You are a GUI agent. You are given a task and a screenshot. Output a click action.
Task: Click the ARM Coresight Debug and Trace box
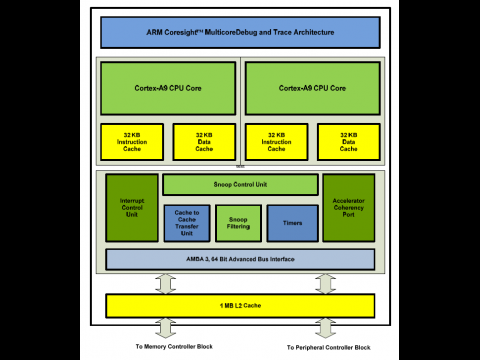240,32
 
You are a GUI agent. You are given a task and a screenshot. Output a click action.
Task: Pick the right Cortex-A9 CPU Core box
312,88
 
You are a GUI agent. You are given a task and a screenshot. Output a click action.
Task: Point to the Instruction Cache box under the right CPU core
276,142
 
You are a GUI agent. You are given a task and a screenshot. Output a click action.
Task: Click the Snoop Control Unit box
240,185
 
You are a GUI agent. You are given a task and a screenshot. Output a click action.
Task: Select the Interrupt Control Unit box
132,208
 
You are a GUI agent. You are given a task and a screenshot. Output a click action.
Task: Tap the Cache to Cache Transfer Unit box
187,223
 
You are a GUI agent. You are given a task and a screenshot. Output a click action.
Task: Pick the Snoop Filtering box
240,223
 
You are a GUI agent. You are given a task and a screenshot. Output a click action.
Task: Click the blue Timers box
292,223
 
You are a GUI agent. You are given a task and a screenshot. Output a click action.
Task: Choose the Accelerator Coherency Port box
348,208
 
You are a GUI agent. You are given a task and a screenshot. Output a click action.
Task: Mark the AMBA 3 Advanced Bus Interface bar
240,260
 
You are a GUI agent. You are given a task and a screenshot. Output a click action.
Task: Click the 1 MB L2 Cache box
240,304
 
